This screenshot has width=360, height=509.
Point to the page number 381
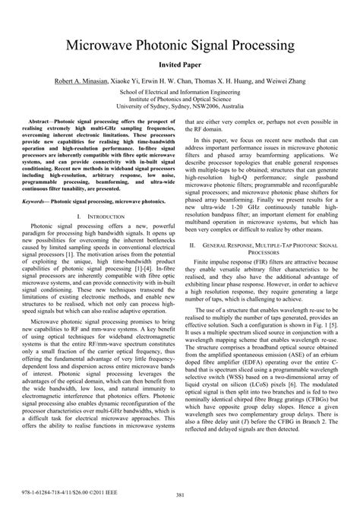180,495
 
